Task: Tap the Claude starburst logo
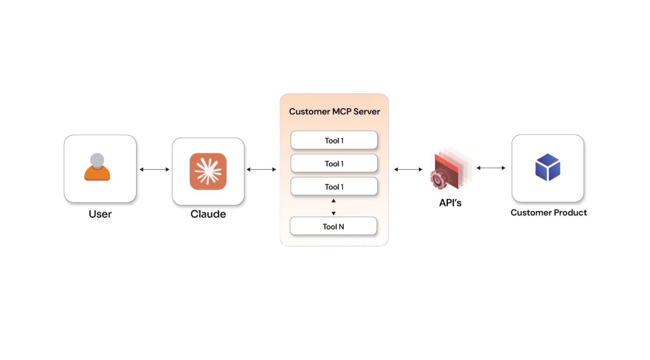[x=208, y=171]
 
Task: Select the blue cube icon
[x=548, y=167]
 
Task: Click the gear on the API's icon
[x=438, y=180]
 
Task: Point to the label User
[x=100, y=214]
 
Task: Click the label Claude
[x=208, y=214]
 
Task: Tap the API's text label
[x=450, y=203]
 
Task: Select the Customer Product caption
[x=548, y=213]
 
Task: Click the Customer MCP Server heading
[x=334, y=111]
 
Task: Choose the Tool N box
[x=333, y=226]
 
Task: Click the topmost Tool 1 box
[x=334, y=141]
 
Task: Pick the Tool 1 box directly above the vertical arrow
[x=334, y=187]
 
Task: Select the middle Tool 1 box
[x=334, y=164]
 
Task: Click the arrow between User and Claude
[x=154, y=169]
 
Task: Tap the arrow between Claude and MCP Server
[x=261, y=169]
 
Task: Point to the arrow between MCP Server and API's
[x=408, y=169]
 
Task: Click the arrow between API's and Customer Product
[x=491, y=168]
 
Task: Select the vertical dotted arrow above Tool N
[x=334, y=207]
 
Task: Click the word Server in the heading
[x=366, y=111]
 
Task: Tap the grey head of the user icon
[x=97, y=160]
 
